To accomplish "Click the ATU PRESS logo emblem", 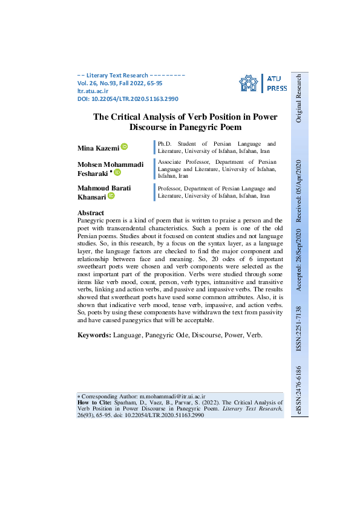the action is [249, 85].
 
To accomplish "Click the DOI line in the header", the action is [128, 99].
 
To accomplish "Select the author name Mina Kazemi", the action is [98, 148].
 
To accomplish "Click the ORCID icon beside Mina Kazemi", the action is [124, 147].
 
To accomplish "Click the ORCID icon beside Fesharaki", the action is [117, 172].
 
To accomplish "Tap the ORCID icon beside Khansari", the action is [111, 196].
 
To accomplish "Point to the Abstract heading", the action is [91, 213].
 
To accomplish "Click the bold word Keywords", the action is [94, 334].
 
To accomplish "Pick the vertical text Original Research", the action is [299, 99].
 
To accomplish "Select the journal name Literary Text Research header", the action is [116, 75].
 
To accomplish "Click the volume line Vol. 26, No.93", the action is [106, 83].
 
